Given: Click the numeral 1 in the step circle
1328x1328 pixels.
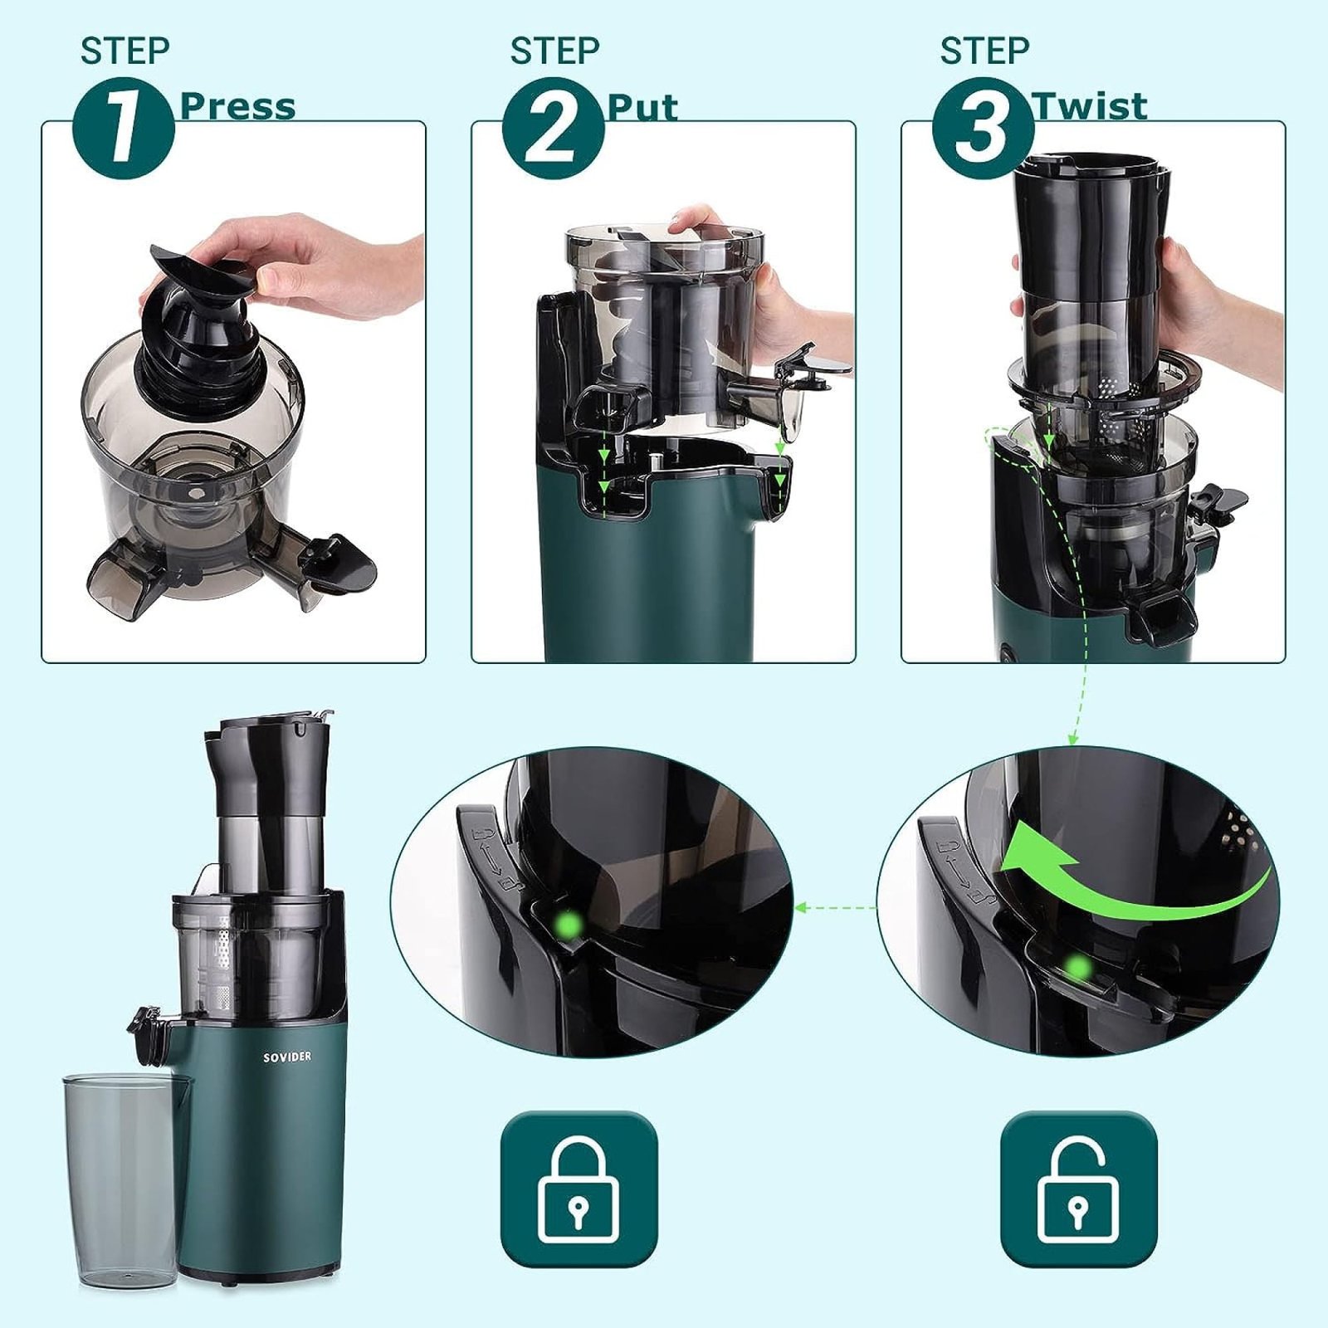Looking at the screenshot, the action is [x=124, y=129].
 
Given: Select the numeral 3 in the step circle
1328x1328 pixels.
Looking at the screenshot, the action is [x=983, y=129].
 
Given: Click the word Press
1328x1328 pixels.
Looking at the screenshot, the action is [x=237, y=106].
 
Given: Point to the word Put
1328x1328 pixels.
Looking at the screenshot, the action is [x=642, y=107].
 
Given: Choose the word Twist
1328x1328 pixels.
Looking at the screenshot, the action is [x=1089, y=106].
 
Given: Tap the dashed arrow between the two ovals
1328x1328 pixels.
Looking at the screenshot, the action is [x=836, y=908].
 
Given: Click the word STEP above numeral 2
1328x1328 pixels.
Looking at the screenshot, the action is [x=554, y=51].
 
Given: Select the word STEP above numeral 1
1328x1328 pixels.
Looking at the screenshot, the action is [x=124, y=51].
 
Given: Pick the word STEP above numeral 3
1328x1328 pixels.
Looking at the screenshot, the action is [x=984, y=51].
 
